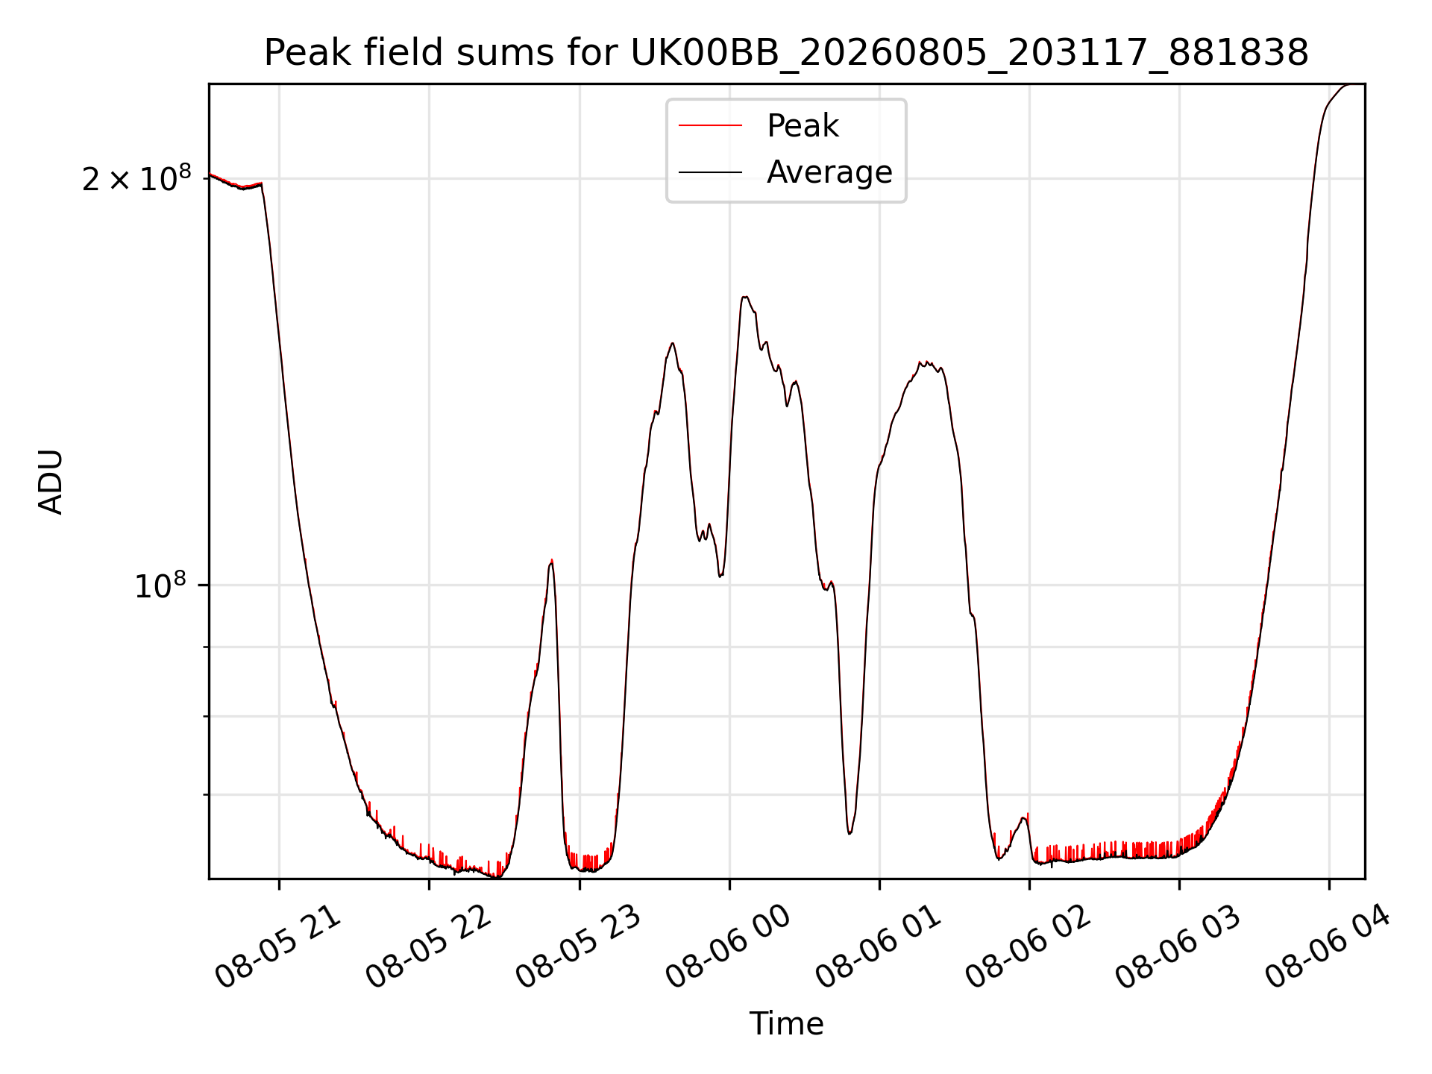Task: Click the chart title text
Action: click(786, 53)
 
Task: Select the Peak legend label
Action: click(803, 126)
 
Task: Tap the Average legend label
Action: click(829, 172)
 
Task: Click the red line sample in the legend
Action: click(710, 126)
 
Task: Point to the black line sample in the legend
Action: click(710, 172)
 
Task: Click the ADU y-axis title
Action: click(51, 482)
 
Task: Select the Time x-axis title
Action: click(786, 1024)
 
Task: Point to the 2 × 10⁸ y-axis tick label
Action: click(136, 178)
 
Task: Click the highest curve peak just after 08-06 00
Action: click(744, 297)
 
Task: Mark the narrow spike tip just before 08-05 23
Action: click(551, 560)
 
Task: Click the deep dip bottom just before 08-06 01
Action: click(850, 833)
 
